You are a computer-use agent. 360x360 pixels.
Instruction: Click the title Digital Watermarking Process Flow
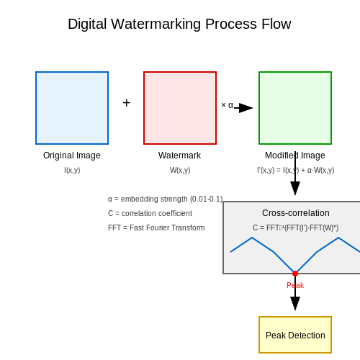(x=179, y=24)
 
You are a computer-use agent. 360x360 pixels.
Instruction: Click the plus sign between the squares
(x=127, y=103)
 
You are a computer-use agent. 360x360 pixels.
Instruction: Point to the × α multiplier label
(x=227, y=105)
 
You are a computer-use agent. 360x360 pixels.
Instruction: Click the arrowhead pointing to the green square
(x=246, y=108)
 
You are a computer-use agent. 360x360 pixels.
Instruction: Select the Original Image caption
(x=72, y=156)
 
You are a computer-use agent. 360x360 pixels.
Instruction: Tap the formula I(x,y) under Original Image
(x=72, y=170)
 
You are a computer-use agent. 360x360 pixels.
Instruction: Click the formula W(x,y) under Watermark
(x=180, y=170)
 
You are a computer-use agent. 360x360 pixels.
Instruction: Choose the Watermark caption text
(x=179, y=156)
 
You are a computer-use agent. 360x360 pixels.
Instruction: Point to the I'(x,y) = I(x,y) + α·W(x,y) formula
(x=295, y=170)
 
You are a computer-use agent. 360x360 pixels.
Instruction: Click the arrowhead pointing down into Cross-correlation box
(x=295, y=189)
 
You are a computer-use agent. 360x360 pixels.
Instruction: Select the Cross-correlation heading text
(x=296, y=213)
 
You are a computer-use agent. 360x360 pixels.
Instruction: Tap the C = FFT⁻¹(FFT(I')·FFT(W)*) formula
(x=295, y=228)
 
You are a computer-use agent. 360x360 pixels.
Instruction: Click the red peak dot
(x=295, y=274)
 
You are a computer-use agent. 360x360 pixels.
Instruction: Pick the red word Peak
(x=295, y=285)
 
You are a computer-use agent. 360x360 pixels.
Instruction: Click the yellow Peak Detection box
(x=295, y=335)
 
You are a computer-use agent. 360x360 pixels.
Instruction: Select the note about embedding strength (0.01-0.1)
(x=166, y=199)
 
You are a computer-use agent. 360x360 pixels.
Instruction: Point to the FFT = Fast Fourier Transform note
(x=156, y=228)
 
